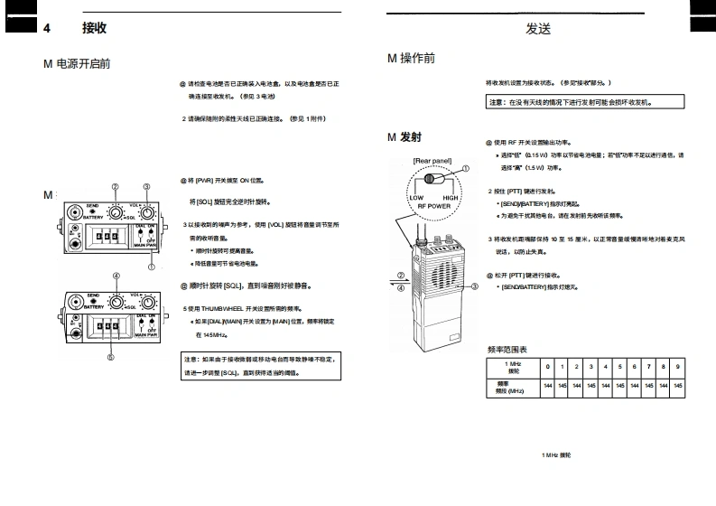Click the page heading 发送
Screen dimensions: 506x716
[x=538, y=29]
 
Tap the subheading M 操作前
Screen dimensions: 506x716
[x=411, y=58]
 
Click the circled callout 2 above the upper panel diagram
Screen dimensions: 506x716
[x=116, y=187]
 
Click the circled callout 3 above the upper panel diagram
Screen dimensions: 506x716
[x=146, y=187]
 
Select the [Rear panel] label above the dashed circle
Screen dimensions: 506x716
[x=432, y=161]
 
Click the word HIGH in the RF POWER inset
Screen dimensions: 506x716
[x=451, y=197]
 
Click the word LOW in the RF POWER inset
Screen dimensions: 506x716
[x=416, y=197]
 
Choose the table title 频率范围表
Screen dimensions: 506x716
[x=507, y=349]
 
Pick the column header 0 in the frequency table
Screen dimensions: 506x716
[x=547, y=366]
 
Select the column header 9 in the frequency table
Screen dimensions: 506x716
[x=678, y=366]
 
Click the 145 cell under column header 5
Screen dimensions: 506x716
[x=620, y=386]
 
